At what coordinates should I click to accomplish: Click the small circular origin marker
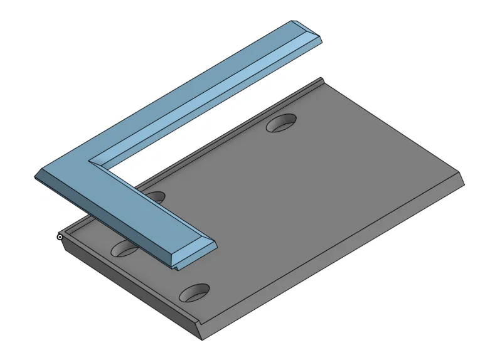point(60,236)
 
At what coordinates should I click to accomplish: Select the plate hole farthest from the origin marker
point(282,123)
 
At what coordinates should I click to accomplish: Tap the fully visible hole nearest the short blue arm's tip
point(194,292)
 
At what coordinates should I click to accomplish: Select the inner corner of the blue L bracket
point(94,161)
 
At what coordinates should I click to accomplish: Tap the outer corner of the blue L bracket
point(36,176)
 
